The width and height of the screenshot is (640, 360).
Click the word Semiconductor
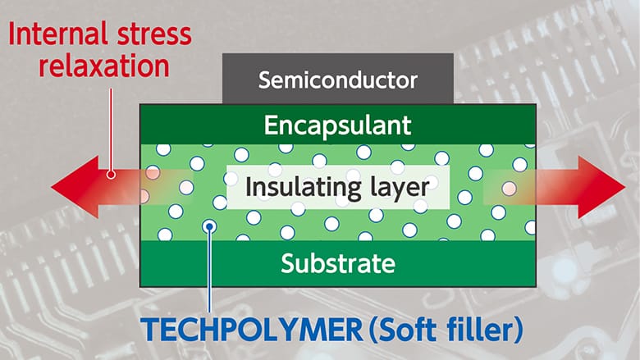tap(338, 80)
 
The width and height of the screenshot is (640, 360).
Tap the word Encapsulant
tap(337, 125)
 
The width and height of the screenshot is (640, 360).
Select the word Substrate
tap(338, 264)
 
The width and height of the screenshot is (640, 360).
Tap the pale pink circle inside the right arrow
tap(509, 189)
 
